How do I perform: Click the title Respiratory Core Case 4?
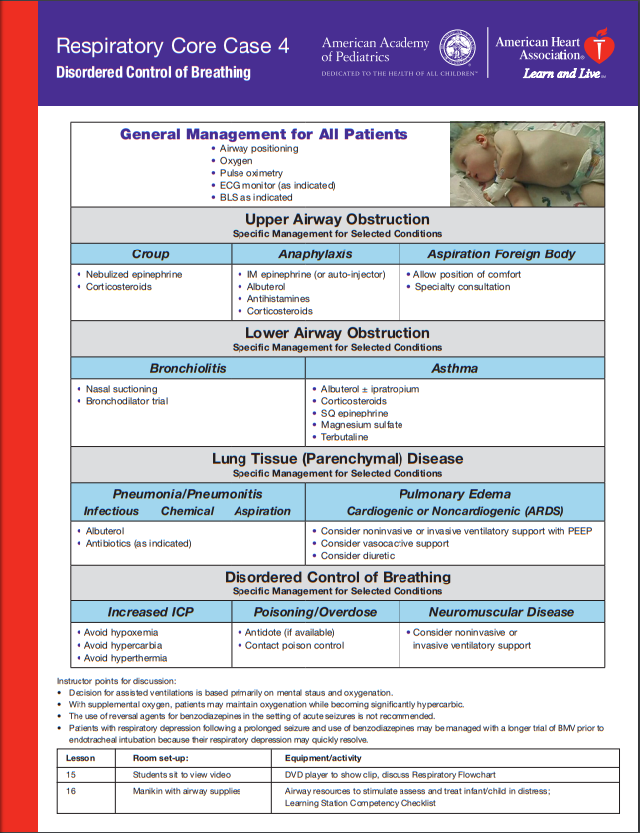(x=173, y=46)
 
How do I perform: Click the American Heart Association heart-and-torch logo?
(x=598, y=46)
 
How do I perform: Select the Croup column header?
(x=150, y=253)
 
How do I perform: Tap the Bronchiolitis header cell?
(x=188, y=368)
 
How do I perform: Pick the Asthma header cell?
(x=454, y=368)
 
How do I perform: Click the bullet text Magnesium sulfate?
(x=361, y=425)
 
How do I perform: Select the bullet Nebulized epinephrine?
(x=134, y=275)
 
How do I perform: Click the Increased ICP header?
(x=150, y=612)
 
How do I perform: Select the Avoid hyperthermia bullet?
(x=126, y=658)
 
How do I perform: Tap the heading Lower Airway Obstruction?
(x=337, y=333)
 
